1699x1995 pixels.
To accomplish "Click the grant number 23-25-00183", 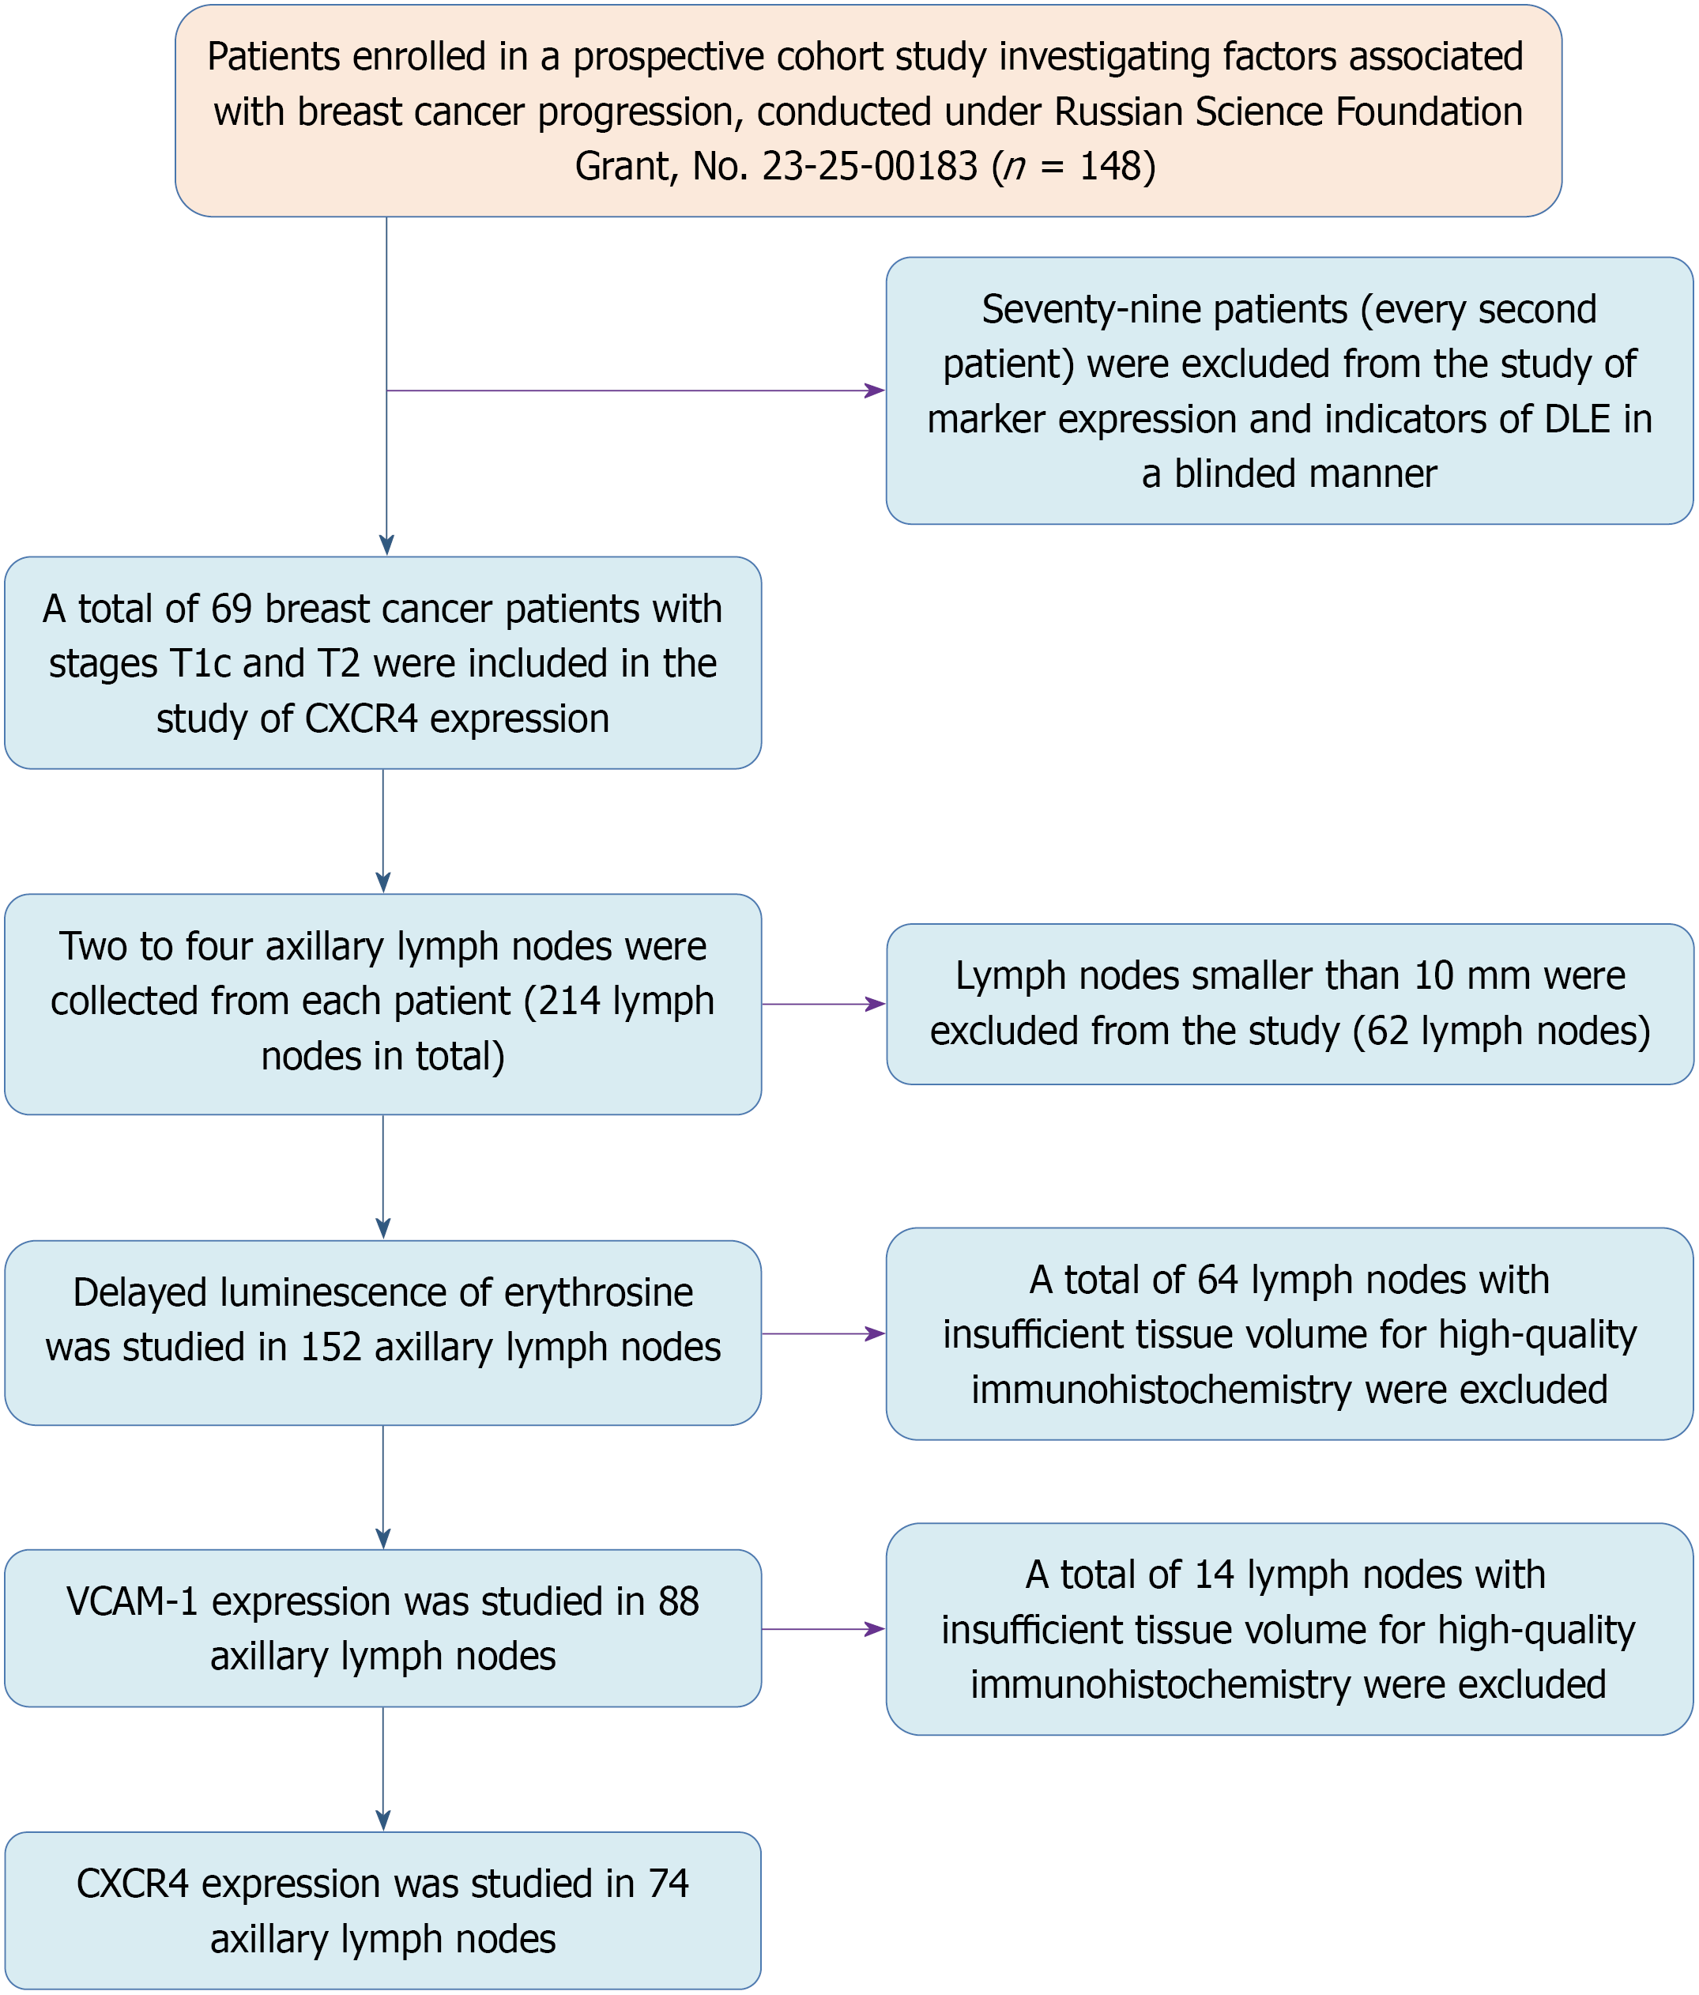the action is coord(870,167).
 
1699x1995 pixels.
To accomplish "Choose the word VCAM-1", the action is coord(134,1601).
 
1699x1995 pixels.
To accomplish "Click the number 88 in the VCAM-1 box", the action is coord(679,1601).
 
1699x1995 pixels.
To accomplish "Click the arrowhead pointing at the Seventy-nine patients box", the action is coord(875,391).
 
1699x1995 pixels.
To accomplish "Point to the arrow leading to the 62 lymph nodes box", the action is coord(823,1005).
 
